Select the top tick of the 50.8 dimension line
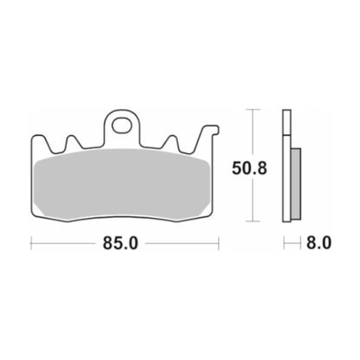tap(253, 110)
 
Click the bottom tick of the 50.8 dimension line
tap(253, 220)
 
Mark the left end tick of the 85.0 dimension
tap(33, 244)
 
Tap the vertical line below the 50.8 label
tap(253, 199)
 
